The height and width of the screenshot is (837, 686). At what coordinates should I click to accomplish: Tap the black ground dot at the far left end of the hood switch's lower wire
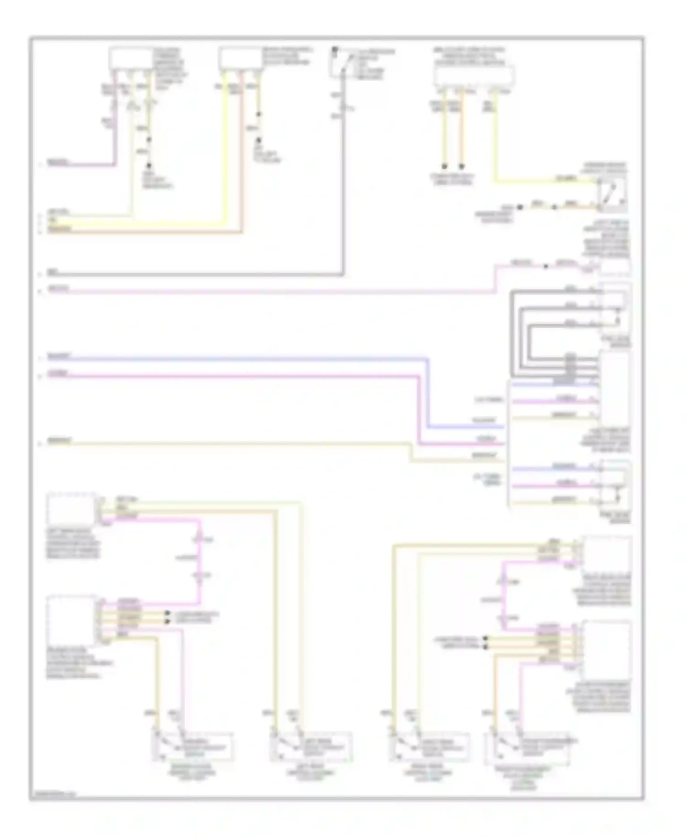click(520, 207)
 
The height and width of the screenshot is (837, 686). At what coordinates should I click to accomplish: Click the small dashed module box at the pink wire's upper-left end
click(71, 509)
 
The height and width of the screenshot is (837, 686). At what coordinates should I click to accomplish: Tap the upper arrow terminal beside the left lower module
click(167, 613)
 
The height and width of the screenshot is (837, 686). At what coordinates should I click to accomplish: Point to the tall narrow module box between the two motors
click(614, 389)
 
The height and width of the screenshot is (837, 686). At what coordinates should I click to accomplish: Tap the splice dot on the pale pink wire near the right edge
click(546, 266)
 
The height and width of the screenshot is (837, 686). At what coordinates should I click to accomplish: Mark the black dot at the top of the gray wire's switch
click(335, 48)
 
